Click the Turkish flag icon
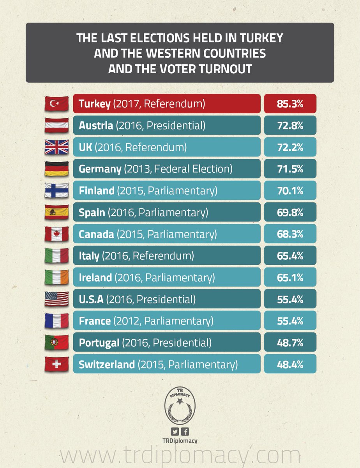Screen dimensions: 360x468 click(56, 104)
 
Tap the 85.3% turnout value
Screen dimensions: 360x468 click(290, 104)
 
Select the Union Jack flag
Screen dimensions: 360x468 click(56, 147)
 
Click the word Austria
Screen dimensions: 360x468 click(96, 125)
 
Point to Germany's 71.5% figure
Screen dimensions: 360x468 click(290, 169)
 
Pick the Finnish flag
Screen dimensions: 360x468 click(56, 190)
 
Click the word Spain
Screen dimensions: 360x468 click(92, 213)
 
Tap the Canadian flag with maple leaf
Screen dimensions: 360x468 click(56, 234)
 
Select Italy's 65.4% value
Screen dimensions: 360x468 click(290, 255)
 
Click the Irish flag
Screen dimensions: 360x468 click(56, 277)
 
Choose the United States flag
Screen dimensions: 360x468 click(56, 299)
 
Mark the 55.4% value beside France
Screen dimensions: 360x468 click(290, 321)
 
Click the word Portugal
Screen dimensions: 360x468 click(99, 343)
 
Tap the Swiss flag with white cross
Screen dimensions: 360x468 click(56, 364)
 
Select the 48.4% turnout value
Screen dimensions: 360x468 click(290, 364)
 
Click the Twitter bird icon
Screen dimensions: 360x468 click(175, 432)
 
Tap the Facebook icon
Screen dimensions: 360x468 click(185, 432)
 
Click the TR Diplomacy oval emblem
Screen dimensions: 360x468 click(180, 405)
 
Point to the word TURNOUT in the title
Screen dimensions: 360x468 click(225, 69)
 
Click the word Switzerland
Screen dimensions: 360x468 click(107, 364)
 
